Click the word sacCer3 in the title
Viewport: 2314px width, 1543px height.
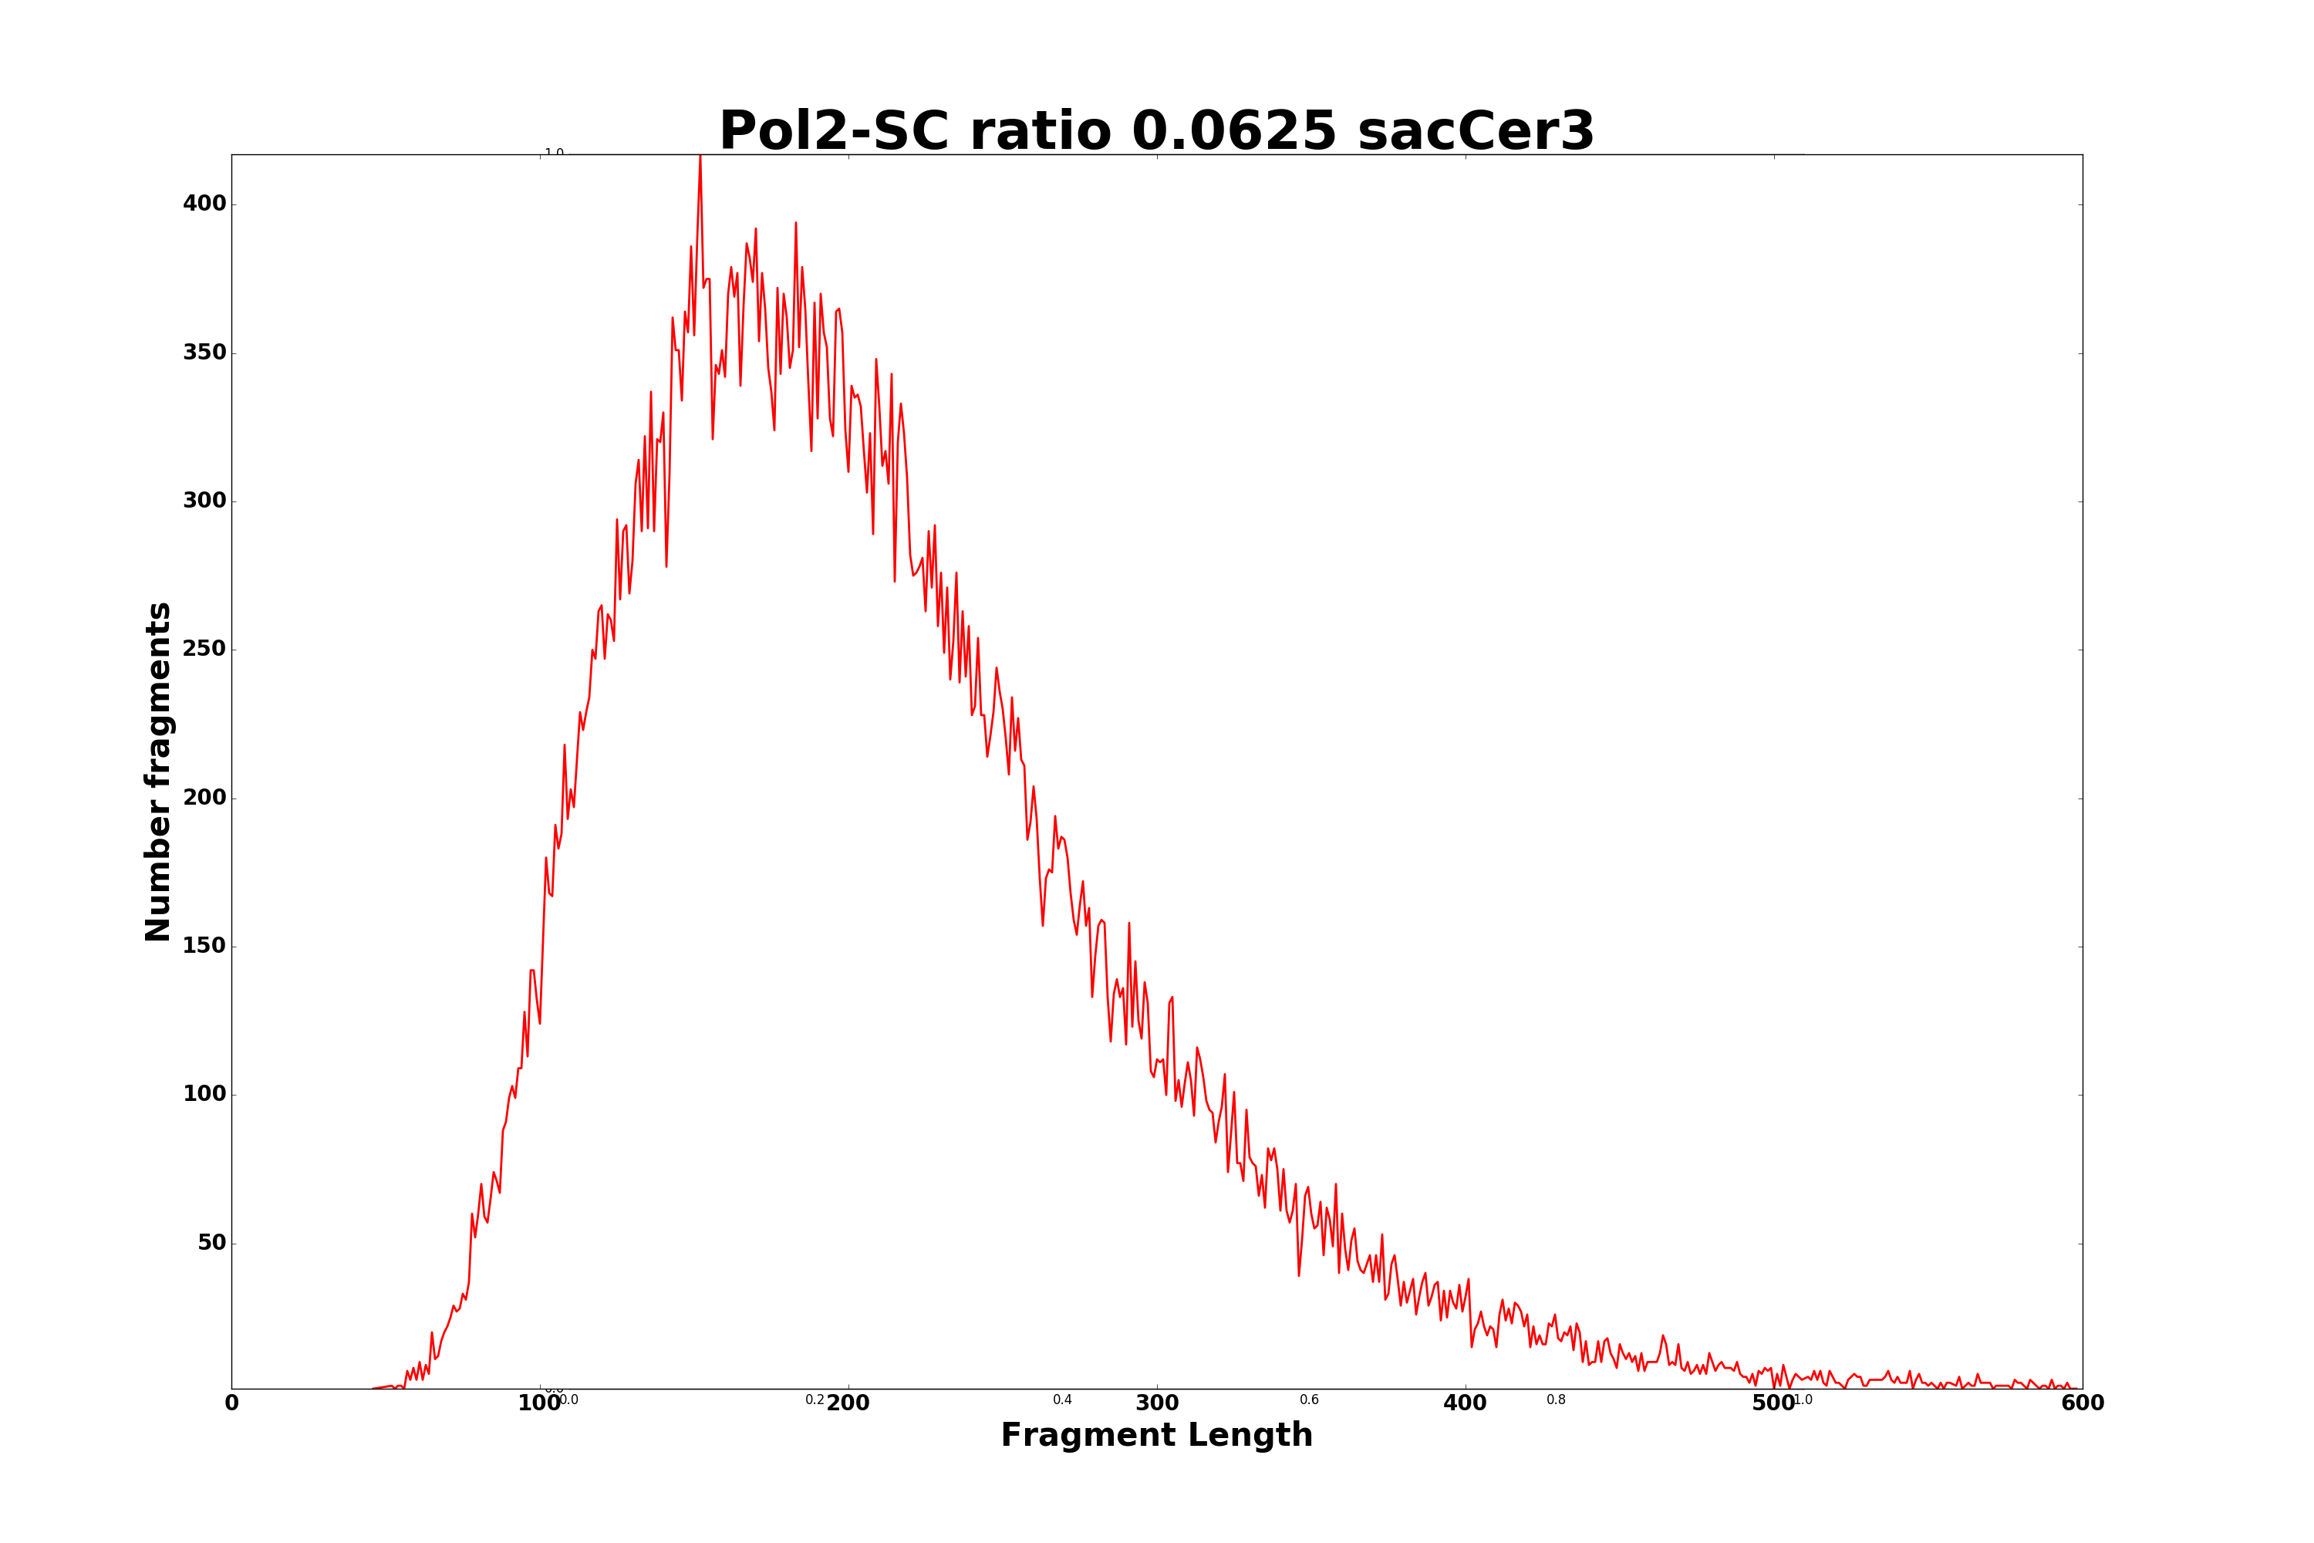1475,132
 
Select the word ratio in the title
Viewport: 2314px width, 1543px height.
1040,132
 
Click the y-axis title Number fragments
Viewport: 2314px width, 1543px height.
158,771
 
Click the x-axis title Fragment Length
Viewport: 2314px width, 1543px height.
1156,1435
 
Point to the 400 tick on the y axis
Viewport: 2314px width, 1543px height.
204,204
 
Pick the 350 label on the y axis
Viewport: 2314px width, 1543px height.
204,353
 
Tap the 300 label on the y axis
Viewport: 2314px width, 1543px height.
204,501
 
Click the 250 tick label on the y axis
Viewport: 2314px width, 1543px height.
204,650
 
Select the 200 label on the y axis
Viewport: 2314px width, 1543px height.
204,798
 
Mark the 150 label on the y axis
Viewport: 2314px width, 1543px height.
204,946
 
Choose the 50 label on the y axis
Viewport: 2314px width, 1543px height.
211,1243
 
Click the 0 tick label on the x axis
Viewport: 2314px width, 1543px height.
232,1404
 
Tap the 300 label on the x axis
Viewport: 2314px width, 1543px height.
1157,1404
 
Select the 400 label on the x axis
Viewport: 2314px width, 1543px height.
1465,1404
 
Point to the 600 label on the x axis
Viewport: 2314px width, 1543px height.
2082,1404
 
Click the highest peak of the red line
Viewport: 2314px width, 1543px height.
700,157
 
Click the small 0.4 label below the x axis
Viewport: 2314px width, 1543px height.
1063,1400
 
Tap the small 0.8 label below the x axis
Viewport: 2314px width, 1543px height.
1556,1400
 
